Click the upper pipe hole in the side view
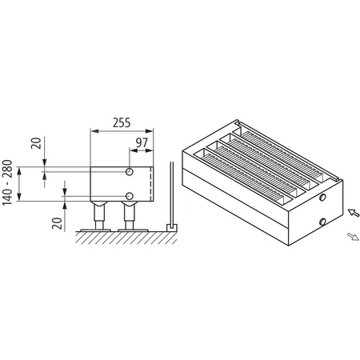coord(129,172)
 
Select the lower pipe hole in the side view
coord(129,196)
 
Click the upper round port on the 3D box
coord(322,196)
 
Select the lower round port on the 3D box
coord(322,220)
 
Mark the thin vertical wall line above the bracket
coord(170,192)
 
